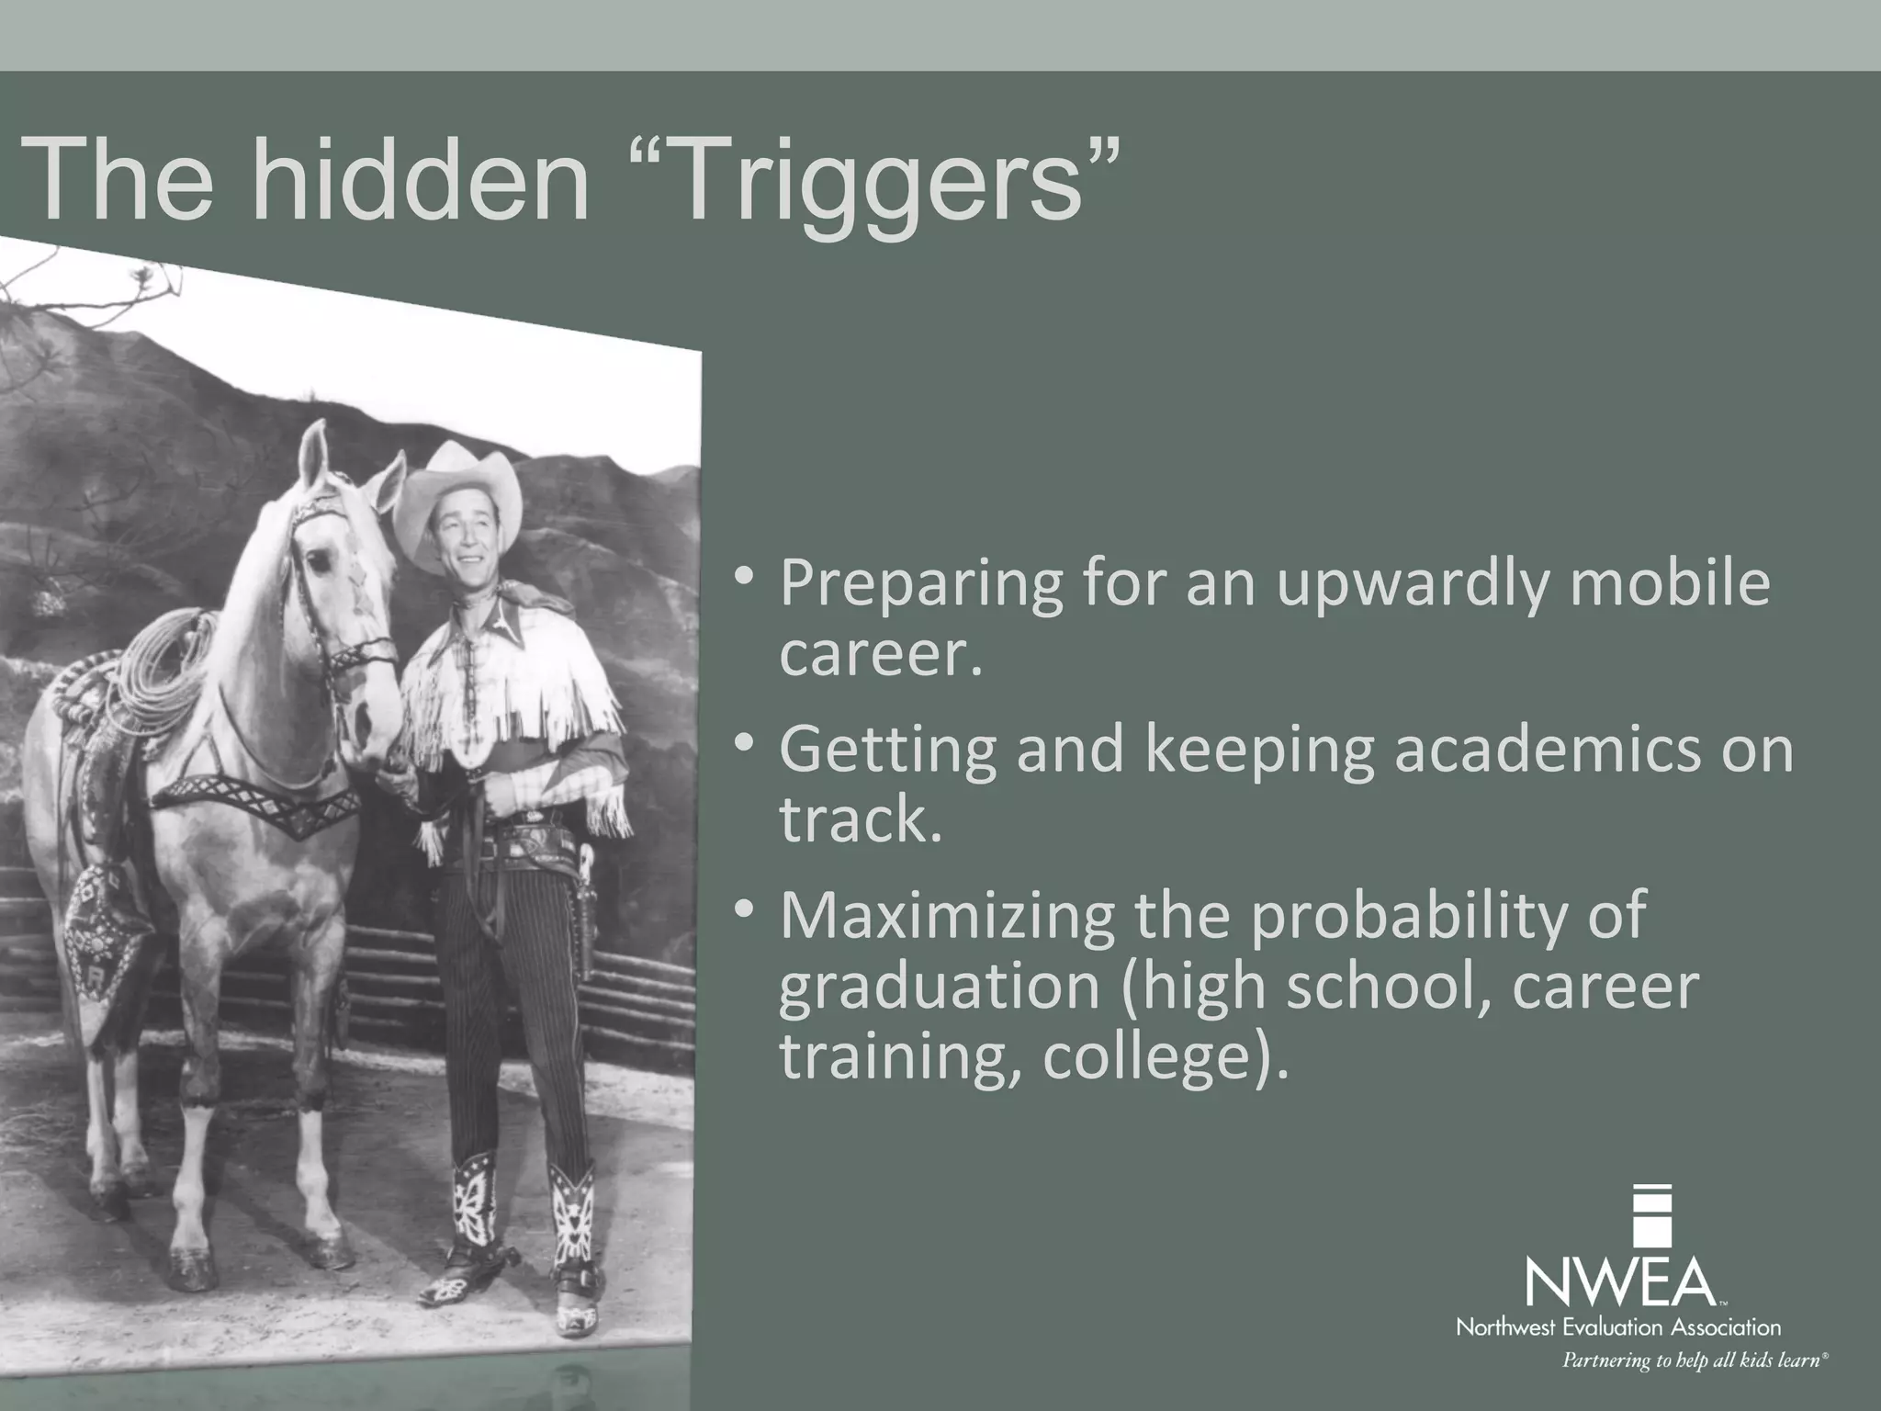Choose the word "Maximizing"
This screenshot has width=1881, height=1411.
pos(946,915)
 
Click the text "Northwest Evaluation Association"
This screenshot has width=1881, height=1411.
pos(1618,1327)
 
